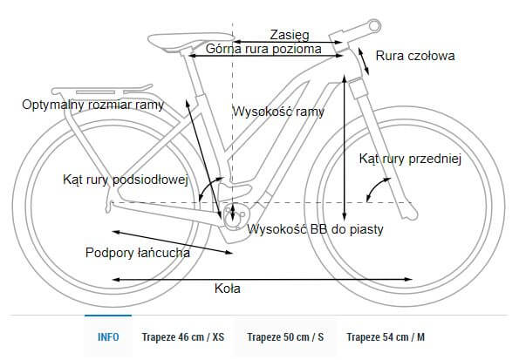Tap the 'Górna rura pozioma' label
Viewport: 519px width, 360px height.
[x=264, y=50]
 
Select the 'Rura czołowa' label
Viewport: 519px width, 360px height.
[x=415, y=57]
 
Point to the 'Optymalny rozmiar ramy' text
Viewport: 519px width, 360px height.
[x=93, y=106]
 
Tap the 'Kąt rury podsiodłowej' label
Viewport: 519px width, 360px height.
[x=126, y=180]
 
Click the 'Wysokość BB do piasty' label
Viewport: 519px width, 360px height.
[x=317, y=229]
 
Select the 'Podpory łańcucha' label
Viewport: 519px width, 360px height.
[x=138, y=253]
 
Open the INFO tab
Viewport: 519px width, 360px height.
[x=108, y=336]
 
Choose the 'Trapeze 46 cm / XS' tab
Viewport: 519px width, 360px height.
[x=182, y=336]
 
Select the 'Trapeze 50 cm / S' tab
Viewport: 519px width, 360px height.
[x=285, y=336]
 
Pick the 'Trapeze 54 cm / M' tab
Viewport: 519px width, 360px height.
[x=386, y=336]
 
